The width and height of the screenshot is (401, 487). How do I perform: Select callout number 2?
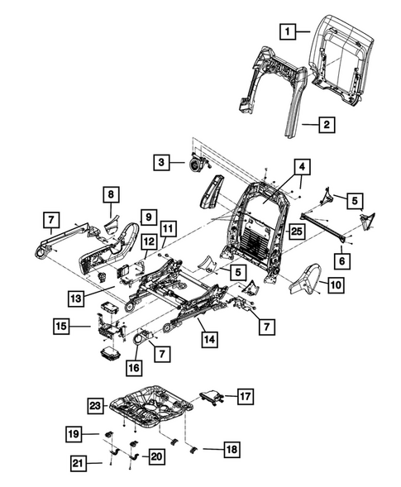tap(327, 126)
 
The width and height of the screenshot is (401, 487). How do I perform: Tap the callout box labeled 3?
tap(162, 163)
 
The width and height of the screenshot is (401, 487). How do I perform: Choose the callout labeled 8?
tap(109, 194)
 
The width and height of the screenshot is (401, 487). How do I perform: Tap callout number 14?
tap(208, 338)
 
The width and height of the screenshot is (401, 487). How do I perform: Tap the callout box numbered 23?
tap(95, 405)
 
